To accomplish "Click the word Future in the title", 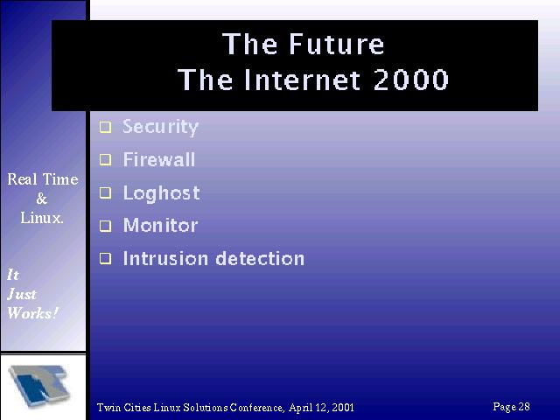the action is coord(336,44).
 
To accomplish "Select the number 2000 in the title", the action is coord(410,80).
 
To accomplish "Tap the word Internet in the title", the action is coord(302,80).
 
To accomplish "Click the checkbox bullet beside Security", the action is coord(105,127).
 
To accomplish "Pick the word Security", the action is coord(160,128).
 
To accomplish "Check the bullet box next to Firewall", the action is coord(105,159).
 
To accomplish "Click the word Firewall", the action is coord(159,159).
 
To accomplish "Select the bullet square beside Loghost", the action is coord(105,192).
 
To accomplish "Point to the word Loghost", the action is coord(161,194).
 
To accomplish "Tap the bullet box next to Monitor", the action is coord(105,226).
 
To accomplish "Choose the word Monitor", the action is coord(160,226).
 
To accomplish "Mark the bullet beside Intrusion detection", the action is coord(105,259).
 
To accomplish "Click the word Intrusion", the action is coord(165,258).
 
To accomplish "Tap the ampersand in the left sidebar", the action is coord(42,199).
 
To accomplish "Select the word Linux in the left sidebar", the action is coord(41,218).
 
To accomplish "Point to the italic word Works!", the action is coord(32,313).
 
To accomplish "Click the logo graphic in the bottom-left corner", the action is coord(39,385).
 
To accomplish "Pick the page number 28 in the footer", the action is coord(524,406).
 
